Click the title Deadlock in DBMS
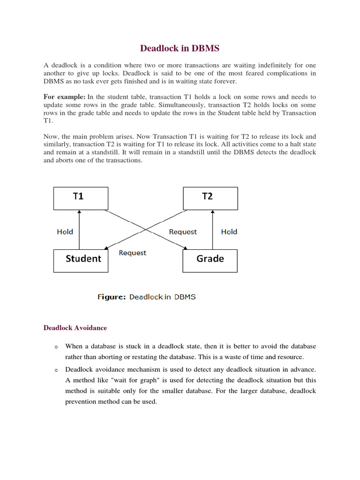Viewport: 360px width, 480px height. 180,48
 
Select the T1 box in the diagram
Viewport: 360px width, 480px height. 81,198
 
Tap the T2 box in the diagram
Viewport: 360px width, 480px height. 210,198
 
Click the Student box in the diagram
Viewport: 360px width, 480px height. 81,261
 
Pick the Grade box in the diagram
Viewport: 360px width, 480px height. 210,261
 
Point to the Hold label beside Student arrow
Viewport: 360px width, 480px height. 65,232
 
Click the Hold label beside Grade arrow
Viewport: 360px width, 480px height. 229,232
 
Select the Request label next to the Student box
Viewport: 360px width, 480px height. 133,253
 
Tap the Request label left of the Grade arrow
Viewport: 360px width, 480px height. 183,232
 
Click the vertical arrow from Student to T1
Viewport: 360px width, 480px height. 80,230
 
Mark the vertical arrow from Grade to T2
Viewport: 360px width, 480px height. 213,230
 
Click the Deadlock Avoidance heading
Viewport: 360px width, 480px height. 75,328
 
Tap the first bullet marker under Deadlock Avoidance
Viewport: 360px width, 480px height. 55,347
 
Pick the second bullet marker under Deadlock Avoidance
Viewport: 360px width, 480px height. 55,370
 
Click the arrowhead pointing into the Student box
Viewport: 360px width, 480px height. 105,249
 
